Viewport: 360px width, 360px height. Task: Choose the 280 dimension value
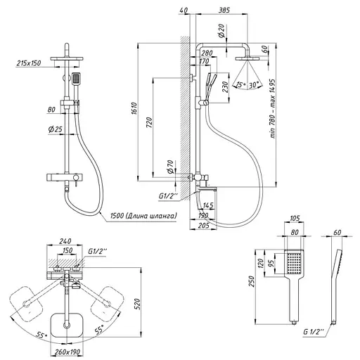coord(206,53)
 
